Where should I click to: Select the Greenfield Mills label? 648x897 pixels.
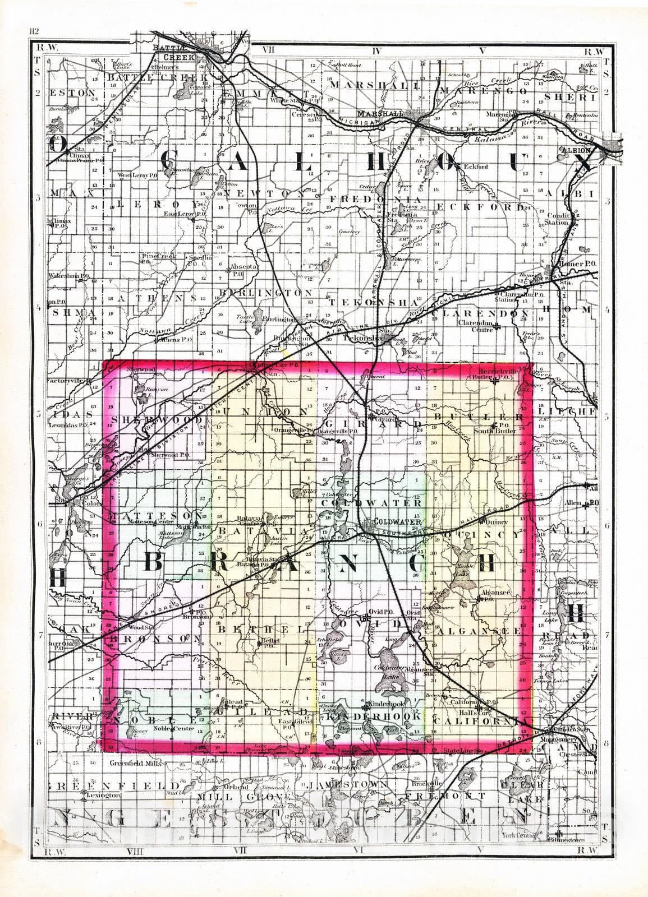tap(135, 763)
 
